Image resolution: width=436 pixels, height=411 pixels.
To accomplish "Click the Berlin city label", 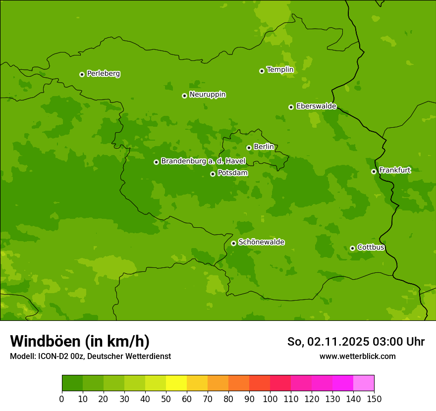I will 264,147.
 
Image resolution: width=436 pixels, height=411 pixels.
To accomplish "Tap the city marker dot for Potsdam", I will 213,174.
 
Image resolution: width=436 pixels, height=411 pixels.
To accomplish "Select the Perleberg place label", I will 103,74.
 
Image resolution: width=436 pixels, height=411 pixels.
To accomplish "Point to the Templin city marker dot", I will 262,71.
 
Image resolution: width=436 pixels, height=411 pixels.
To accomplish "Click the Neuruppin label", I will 207,95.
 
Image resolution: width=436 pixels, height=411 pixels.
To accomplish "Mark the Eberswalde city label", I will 316,106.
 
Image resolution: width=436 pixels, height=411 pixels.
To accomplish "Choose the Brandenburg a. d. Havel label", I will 203,161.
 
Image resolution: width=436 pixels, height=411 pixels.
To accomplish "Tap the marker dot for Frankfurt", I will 374,171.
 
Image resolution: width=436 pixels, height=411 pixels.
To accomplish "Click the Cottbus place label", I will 371,247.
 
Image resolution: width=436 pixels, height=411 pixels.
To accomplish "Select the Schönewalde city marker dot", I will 233,243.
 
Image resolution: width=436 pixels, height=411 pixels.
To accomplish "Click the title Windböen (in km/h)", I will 79,341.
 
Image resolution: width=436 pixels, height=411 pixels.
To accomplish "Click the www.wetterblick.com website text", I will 357,356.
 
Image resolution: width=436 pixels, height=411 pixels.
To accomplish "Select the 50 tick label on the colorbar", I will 166,399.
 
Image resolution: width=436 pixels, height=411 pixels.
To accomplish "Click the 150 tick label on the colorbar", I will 374,399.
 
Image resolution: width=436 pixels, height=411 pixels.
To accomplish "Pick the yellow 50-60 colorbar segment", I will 176,383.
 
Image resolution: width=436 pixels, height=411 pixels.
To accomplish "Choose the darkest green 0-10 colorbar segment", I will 72,383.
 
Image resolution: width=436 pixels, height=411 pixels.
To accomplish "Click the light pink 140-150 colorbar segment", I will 364,383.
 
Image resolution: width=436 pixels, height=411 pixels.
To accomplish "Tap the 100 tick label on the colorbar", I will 270,399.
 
